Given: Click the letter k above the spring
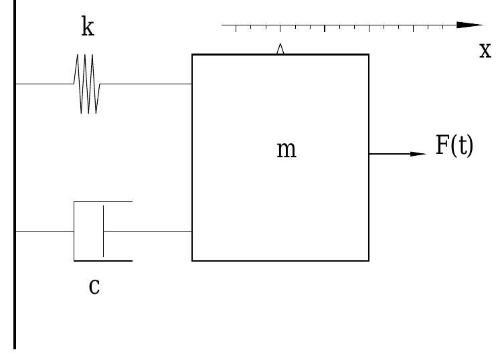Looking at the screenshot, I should (x=87, y=28).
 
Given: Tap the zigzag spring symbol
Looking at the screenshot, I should (x=87, y=84).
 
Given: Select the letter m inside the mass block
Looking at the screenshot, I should (x=286, y=150).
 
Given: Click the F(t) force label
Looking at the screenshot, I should (x=454, y=146).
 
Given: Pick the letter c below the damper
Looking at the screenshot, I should (x=94, y=286).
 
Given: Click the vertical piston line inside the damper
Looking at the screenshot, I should (x=103, y=231).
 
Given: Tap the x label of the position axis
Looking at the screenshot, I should (x=485, y=50).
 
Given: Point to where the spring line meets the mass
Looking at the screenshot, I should (x=192, y=84).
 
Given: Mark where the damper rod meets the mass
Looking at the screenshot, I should (x=192, y=231).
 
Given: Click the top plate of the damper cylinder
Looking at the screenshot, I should (x=103, y=201).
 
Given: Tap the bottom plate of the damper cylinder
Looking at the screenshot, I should (x=103, y=260).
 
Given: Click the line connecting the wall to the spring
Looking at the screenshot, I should (x=44, y=84).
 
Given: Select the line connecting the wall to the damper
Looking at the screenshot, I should (x=44, y=231).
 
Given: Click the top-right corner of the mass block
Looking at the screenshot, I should (x=368, y=55).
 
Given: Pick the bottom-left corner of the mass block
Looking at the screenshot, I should (x=193, y=260).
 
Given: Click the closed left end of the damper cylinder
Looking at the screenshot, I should (x=74, y=231).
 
